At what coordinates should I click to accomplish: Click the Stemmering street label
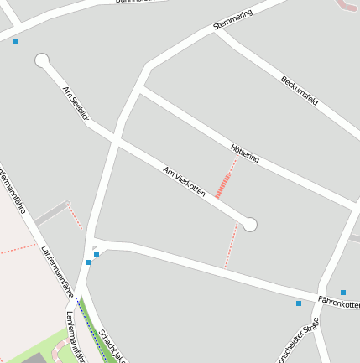232,18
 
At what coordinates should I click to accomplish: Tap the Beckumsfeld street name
300,90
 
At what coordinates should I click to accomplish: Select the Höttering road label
244,153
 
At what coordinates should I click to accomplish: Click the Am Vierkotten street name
184,180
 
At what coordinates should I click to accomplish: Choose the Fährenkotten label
338,302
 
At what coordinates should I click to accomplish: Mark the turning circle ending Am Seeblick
42,60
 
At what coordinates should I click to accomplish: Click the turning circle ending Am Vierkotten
249,224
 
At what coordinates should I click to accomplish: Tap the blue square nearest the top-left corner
15,40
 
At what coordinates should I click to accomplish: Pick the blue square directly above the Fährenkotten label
343,293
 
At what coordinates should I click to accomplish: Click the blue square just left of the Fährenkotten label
299,303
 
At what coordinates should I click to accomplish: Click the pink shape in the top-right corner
347,6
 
